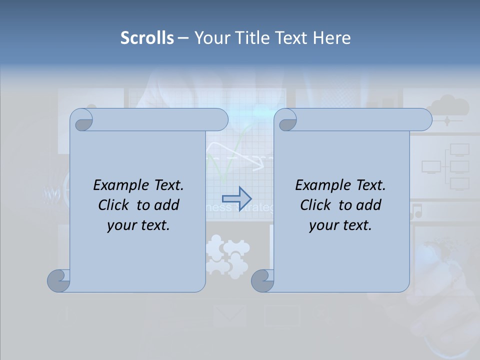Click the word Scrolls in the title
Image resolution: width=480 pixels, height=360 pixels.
click(147, 38)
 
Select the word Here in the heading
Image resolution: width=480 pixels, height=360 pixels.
click(331, 38)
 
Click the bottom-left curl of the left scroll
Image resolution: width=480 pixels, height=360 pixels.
click(58, 280)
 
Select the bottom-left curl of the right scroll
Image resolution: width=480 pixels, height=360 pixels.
click(262, 280)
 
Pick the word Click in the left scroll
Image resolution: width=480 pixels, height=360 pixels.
click(114, 205)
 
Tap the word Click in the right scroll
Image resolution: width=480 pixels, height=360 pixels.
click(316, 205)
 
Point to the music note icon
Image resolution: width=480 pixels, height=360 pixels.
click(416, 210)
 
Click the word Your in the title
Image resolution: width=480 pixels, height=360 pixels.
click(210, 38)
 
